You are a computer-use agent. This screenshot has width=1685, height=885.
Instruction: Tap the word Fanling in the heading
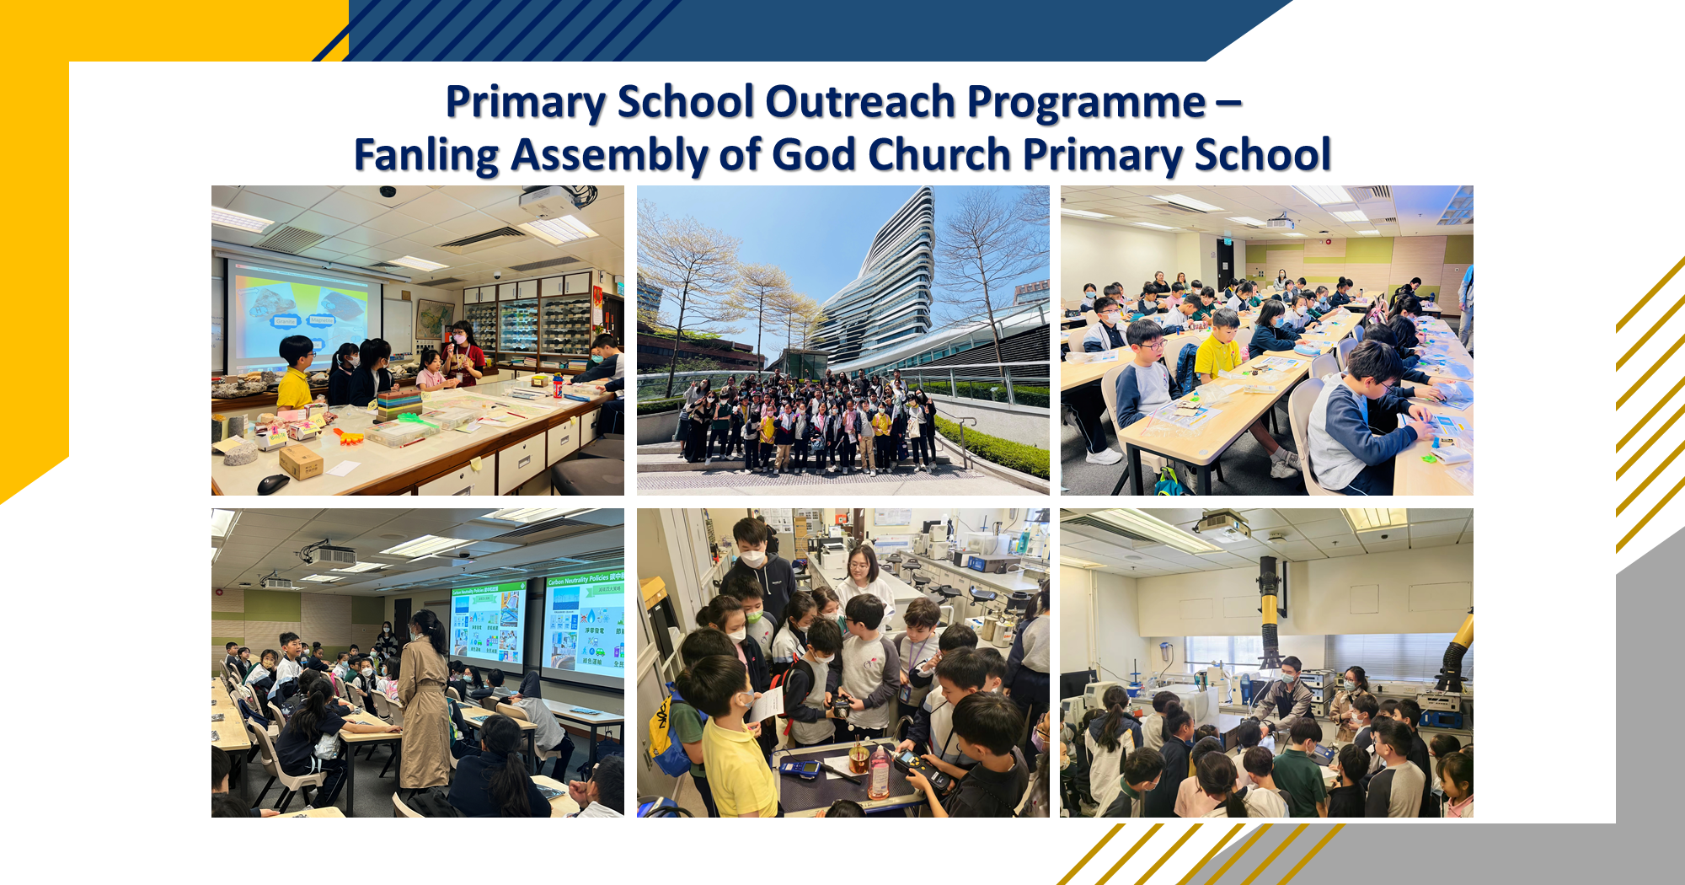point(426,155)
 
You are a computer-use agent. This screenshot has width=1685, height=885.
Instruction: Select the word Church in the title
point(939,155)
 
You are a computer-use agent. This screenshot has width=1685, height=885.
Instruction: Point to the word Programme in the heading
point(1087,102)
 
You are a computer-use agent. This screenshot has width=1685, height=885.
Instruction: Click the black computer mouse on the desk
point(273,483)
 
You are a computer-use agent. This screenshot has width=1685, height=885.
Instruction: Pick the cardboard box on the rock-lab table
point(301,461)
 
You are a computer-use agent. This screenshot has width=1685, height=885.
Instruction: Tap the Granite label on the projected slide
point(286,321)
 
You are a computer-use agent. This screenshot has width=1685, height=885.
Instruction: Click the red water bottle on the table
point(557,385)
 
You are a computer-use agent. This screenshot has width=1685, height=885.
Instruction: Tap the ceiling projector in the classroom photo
point(1280,223)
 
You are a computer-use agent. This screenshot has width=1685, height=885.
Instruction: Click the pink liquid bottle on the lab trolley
point(879,772)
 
